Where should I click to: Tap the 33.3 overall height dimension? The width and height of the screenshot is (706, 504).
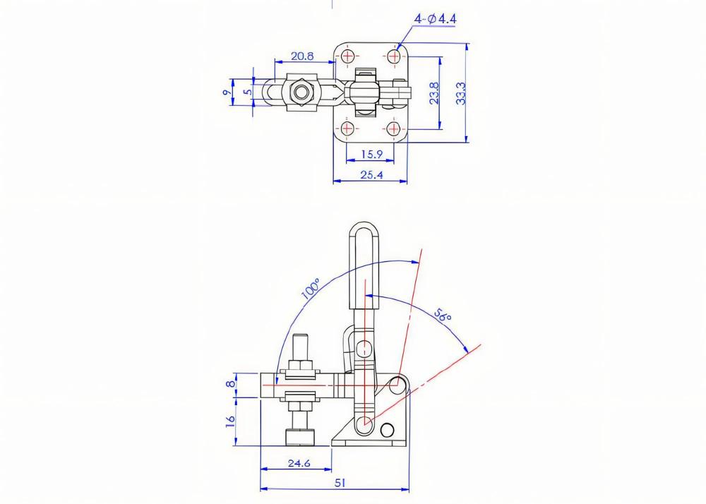pos(461,92)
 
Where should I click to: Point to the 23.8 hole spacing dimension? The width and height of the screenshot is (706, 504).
pos(434,92)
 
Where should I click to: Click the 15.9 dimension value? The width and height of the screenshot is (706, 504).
pos(371,154)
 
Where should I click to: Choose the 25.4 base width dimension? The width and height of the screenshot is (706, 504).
pos(371,174)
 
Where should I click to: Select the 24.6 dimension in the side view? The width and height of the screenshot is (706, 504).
pos(299,464)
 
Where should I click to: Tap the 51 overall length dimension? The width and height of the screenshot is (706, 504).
pos(339,483)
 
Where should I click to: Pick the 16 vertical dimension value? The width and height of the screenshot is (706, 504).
pos(229,421)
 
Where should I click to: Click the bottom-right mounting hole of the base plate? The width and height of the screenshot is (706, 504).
pos(394,129)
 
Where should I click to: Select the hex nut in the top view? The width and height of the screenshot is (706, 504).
pos(301,92)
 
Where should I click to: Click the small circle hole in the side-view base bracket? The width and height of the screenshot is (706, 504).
pos(387,429)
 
